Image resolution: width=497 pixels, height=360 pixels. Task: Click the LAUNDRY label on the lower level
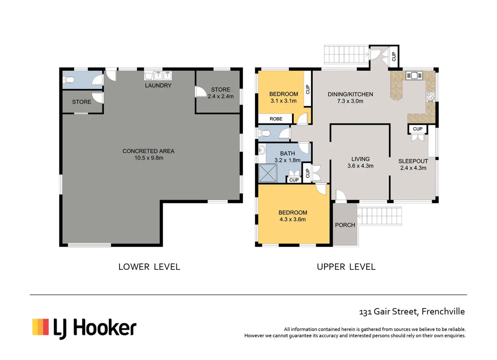(158, 86)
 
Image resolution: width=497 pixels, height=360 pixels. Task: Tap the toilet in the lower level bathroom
(68, 80)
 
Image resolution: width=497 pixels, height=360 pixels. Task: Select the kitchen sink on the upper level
(414, 76)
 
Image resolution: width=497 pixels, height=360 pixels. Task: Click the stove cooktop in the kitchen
(430, 97)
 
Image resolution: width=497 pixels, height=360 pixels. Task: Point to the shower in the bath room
(268, 173)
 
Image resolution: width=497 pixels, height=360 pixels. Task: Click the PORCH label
(345, 225)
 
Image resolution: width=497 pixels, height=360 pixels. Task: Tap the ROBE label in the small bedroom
(276, 119)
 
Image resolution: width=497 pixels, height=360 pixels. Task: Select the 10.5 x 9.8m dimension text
(149, 158)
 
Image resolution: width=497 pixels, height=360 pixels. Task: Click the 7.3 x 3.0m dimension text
(350, 101)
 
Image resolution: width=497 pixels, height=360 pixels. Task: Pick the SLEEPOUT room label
(413, 161)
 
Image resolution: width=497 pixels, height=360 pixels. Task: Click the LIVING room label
(360, 159)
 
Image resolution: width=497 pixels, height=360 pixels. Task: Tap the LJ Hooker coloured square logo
(41, 327)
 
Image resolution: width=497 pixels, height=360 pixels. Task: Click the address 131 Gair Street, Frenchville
(412, 312)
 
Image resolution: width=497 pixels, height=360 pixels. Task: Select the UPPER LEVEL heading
(346, 267)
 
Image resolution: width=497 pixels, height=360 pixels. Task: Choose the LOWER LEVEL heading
(149, 267)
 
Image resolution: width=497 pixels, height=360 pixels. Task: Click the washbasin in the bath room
(262, 150)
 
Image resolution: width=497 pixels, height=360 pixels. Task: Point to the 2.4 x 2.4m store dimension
(220, 96)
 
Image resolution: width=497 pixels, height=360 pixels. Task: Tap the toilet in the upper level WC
(264, 133)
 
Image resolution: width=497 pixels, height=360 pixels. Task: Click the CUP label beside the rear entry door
(394, 56)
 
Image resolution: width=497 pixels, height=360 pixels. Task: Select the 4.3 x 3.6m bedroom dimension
(293, 219)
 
